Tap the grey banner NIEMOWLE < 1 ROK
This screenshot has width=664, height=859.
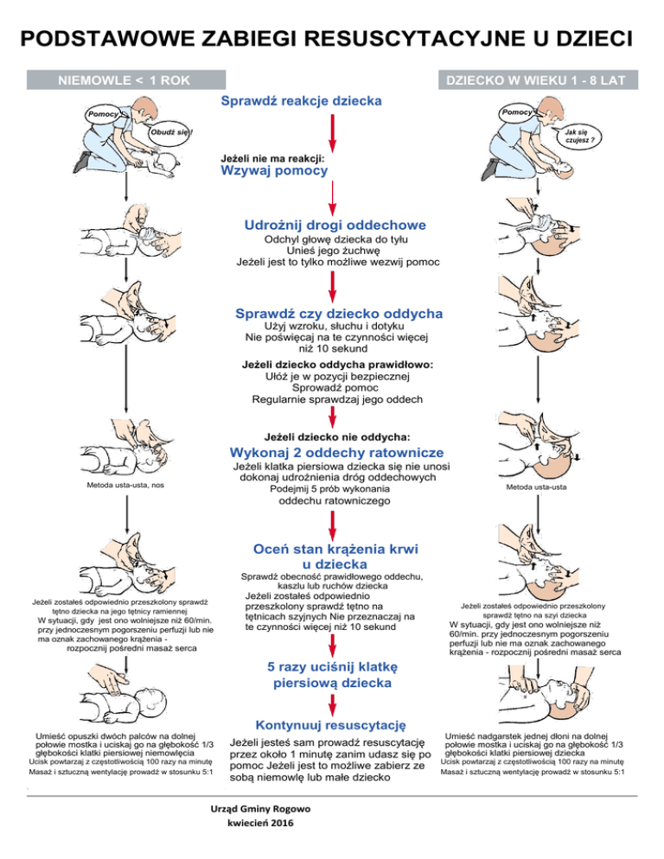point(126,81)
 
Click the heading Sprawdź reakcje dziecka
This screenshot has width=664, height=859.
point(302,101)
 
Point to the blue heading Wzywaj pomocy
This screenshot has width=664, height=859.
point(275,171)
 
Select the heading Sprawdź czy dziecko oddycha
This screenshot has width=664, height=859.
point(340,312)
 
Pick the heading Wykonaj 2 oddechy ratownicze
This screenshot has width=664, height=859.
point(337,453)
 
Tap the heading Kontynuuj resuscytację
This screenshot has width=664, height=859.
point(332,723)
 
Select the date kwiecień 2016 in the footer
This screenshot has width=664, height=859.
point(255,825)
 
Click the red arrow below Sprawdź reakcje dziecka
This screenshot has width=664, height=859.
point(333,131)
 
